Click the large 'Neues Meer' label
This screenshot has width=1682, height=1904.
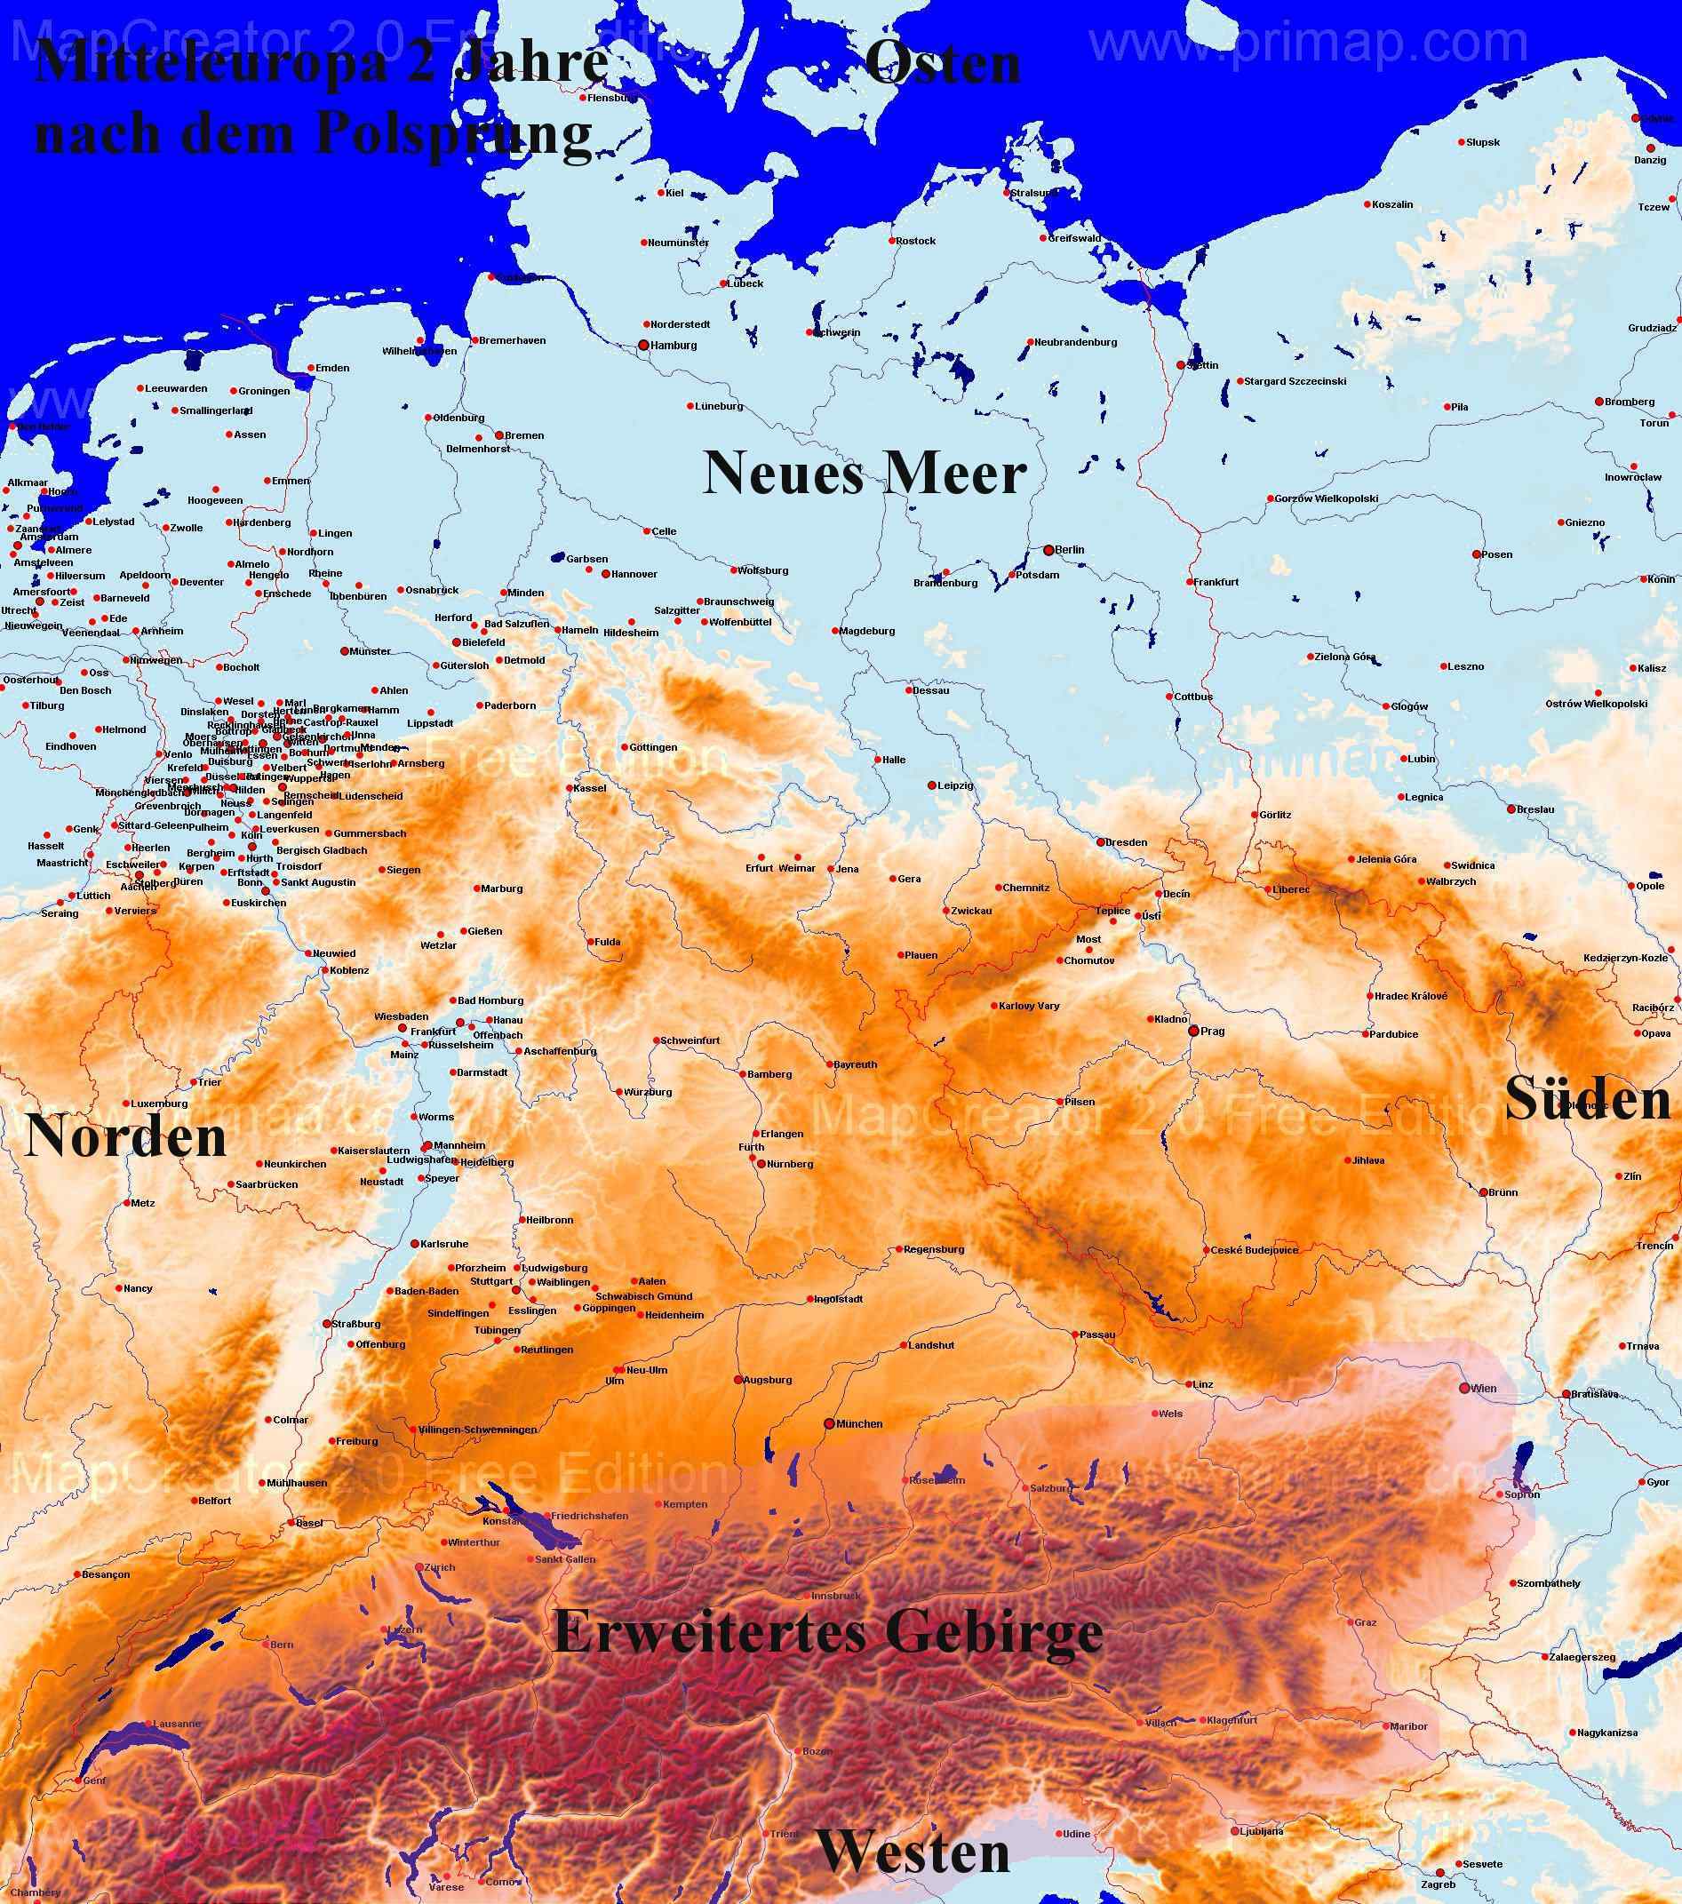[x=865, y=473]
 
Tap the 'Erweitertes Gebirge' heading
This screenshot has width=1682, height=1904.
[x=828, y=1631]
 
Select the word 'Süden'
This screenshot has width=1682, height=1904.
[x=1588, y=1099]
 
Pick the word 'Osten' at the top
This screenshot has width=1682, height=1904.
[x=943, y=65]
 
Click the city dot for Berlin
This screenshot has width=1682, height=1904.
[x=1048, y=550]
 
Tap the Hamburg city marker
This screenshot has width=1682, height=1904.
[x=642, y=345]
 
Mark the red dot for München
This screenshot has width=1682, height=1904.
[x=829, y=1424]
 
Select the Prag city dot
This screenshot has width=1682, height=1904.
[x=1193, y=1032]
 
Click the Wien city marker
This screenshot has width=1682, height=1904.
[x=1465, y=1388]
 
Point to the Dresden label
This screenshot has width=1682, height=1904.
[x=1127, y=842]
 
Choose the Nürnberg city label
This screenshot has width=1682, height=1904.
[x=790, y=1165]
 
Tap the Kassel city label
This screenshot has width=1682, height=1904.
[x=591, y=788]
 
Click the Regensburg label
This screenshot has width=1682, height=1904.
[x=933, y=1249]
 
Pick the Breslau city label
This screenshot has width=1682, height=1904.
[x=1535, y=809]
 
